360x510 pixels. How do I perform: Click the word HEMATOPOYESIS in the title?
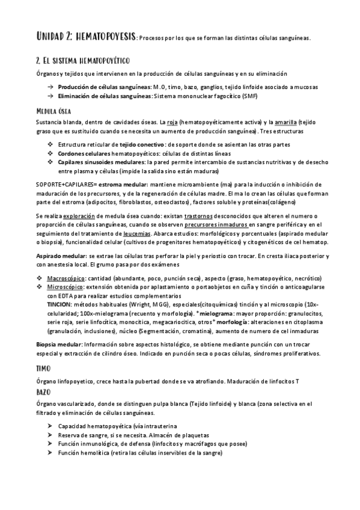tap(107, 37)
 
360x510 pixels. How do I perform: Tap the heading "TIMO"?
tap(43, 367)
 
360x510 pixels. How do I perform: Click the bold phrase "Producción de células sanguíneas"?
tap(104, 87)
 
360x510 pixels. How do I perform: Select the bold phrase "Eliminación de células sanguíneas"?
tap(105, 96)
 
